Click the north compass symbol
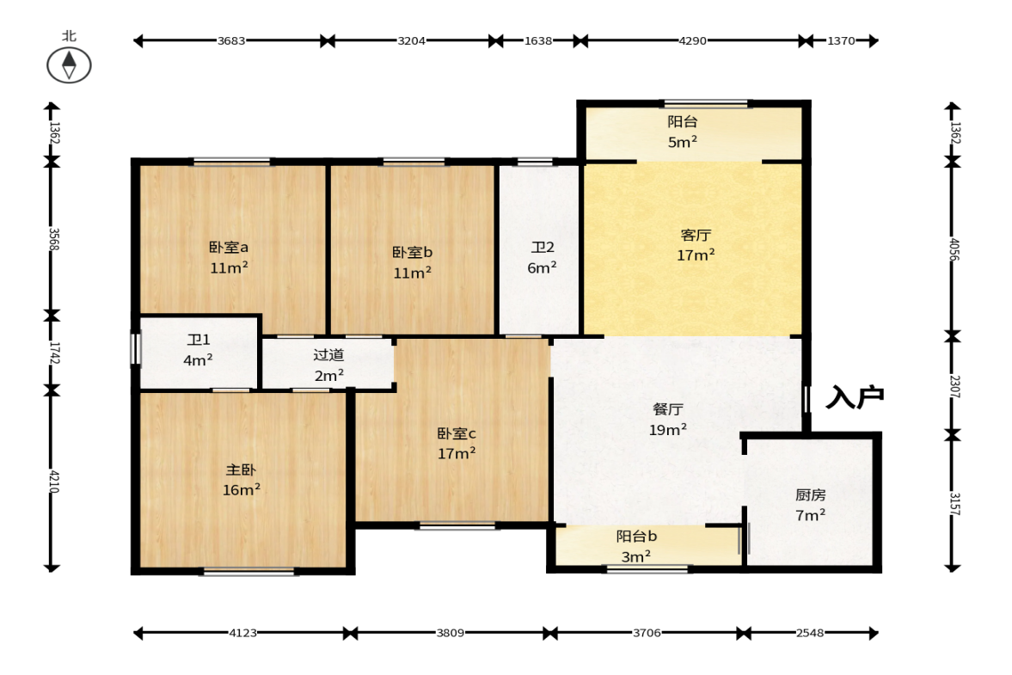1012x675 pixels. [x=69, y=65]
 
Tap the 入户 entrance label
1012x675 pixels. [x=856, y=397]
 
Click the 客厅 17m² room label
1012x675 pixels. [x=696, y=245]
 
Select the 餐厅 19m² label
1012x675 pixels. [x=668, y=420]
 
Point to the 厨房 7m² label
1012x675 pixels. [x=811, y=505]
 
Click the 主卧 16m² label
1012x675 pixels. [x=242, y=480]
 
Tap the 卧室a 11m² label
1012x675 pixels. [x=229, y=257]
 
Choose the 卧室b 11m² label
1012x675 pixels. [x=413, y=262]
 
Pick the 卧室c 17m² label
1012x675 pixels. [x=457, y=444]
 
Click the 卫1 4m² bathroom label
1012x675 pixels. [x=198, y=350]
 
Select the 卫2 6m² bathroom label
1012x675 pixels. [x=543, y=257]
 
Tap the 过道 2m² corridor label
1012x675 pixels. [x=329, y=365]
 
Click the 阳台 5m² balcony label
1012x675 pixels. [x=682, y=132]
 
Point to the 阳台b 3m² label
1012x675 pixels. [x=636, y=546]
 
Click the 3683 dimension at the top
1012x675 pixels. [x=231, y=40]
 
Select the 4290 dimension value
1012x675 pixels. [x=692, y=40]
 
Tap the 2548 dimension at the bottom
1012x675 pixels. [x=810, y=633]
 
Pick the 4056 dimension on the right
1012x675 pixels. [x=954, y=249]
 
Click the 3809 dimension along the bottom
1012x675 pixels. [x=450, y=633]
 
